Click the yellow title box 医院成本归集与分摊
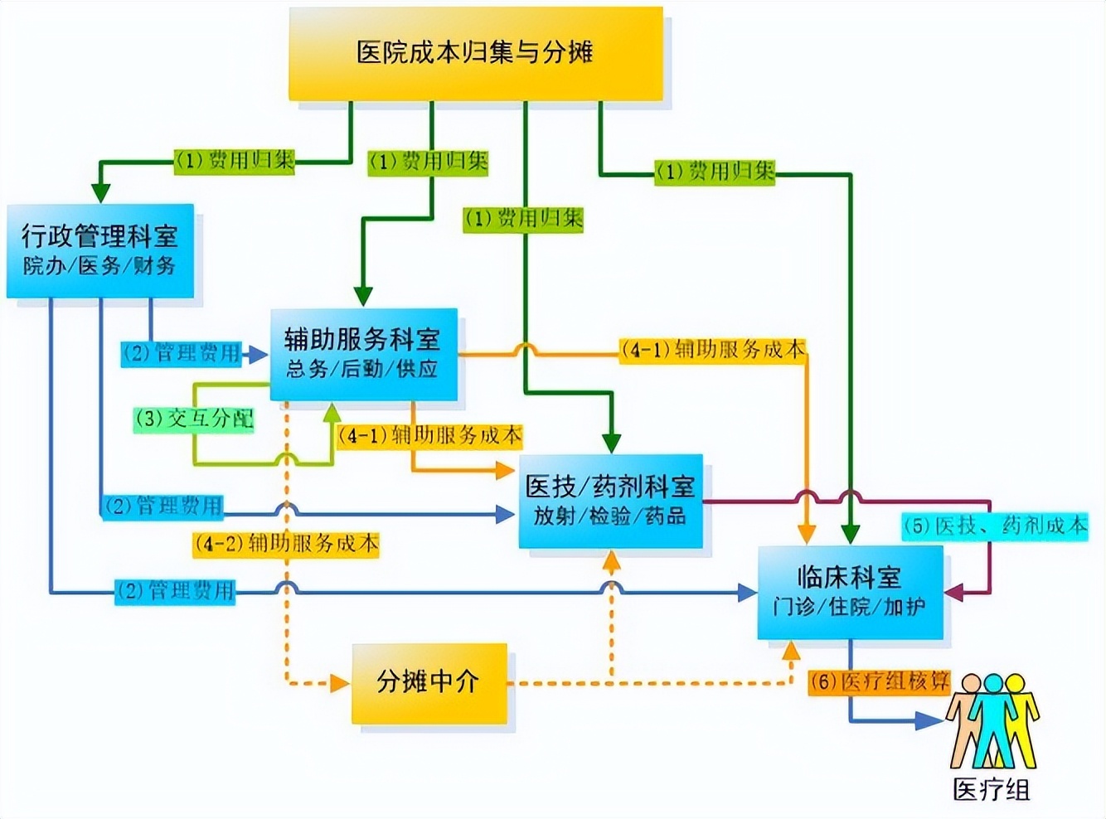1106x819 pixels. tap(475, 53)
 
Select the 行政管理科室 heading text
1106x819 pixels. tap(99, 236)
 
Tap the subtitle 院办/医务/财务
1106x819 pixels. tap(99, 266)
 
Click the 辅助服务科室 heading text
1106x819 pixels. tap(362, 339)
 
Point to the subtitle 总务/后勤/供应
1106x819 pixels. tap(362, 369)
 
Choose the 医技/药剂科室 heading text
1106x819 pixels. tap(609, 487)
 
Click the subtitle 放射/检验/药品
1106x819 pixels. tap(609, 516)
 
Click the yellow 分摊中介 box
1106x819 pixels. tap(429, 682)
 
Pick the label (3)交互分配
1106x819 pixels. tap(194, 419)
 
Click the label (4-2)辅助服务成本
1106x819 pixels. tap(286, 544)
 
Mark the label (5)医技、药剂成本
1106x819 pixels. tap(994, 526)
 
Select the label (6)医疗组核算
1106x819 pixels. tap(879, 682)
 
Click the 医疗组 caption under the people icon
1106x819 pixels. tap(991, 790)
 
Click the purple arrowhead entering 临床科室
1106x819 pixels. tap(954, 593)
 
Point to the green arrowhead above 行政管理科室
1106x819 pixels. tap(100, 192)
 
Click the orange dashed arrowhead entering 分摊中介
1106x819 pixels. tap(339, 684)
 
